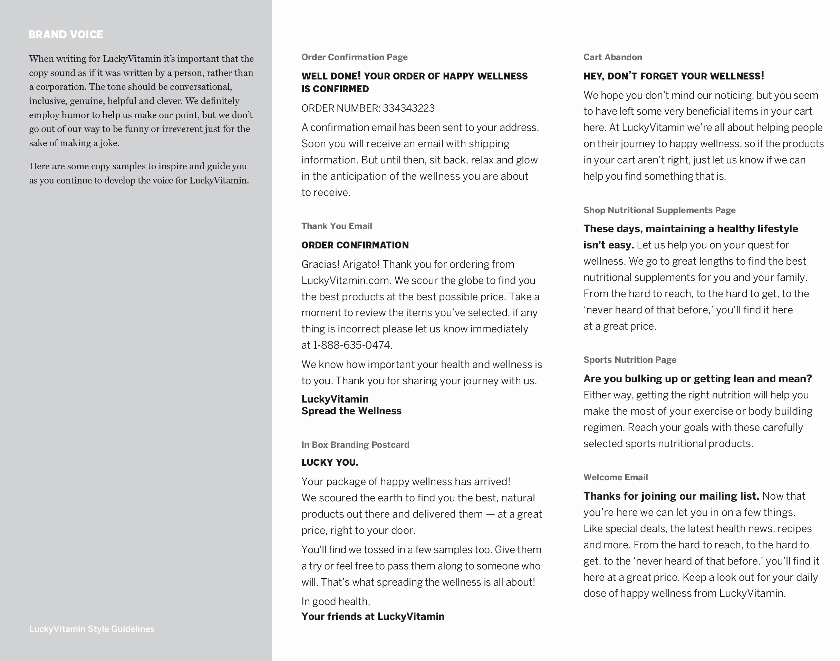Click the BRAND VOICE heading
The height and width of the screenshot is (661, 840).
[66, 35]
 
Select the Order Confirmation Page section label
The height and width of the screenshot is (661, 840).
[354, 57]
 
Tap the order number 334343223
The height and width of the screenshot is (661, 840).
[408, 108]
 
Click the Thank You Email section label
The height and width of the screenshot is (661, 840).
[337, 226]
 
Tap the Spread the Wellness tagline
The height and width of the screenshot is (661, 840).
[351, 411]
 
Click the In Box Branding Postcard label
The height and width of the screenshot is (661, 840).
[355, 445]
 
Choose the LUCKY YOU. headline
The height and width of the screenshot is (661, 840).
[329, 462]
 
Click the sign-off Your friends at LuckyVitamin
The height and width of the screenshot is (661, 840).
[373, 616]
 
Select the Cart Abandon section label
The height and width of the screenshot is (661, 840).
[612, 57]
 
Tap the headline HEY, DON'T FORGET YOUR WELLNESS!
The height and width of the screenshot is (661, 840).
[673, 76]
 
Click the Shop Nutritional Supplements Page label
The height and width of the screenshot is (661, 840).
[659, 210]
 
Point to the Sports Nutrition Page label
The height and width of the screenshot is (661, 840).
[630, 360]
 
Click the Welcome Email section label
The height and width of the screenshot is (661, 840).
[615, 477]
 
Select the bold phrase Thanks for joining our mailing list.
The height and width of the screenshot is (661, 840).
[671, 496]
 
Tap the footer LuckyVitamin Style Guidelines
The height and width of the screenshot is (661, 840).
[91, 629]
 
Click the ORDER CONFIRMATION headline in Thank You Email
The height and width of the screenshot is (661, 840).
[355, 245]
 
